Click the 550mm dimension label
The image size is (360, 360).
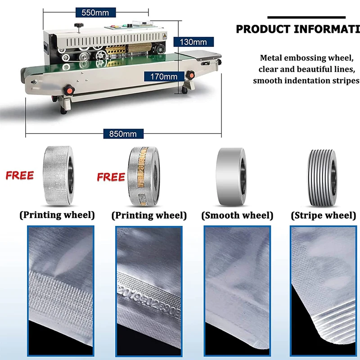tap(95, 13)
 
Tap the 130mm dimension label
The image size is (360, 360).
tap(193, 42)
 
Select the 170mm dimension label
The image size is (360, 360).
tap(164, 76)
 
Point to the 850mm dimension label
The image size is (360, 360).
tap(123, 134)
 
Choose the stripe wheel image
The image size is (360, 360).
tap(322, 172)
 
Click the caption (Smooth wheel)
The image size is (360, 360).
tap(237, 216)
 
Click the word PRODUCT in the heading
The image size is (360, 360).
tap(263, 30)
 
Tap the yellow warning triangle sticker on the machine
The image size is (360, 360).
tap(165, 34)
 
